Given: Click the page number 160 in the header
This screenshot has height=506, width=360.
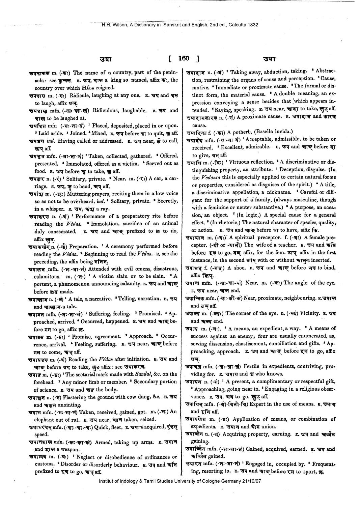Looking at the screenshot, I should point(184,58).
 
